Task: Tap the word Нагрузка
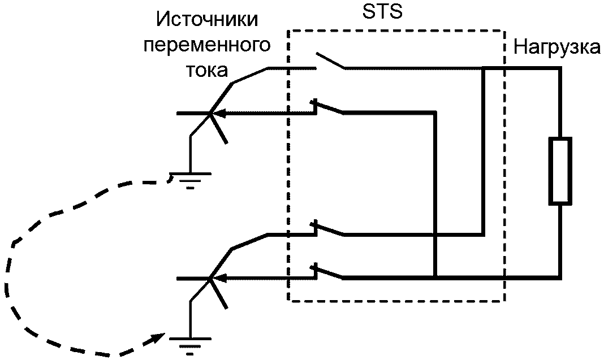pos(556,47)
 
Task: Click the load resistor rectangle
pos(560,170)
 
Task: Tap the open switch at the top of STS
pos(330,61)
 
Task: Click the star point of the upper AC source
pos(210,114)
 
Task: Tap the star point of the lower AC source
pos(210,278)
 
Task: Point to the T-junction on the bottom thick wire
pos(435,277)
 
